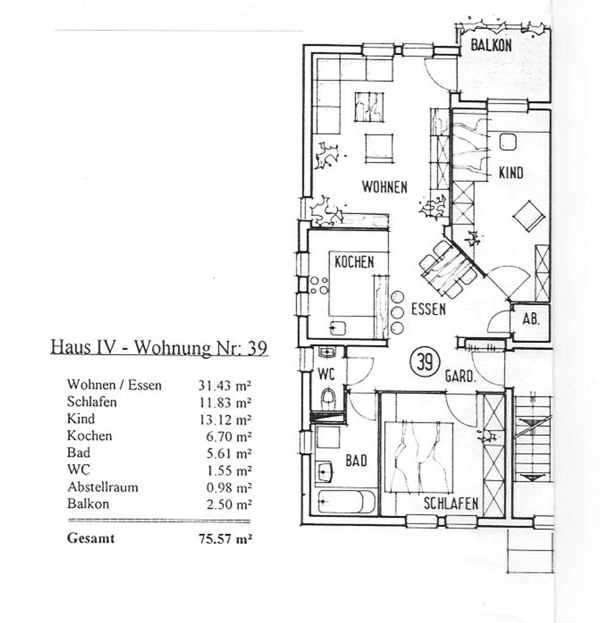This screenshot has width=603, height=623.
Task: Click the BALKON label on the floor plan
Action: point(491,45)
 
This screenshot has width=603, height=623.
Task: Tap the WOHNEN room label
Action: point(385,187)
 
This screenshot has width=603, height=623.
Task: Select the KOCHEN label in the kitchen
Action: point(354,262)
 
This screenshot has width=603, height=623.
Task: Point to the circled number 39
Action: point(425,361)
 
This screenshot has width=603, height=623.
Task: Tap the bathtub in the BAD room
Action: point(346,502)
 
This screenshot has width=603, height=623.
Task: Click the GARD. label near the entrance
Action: point(460,376)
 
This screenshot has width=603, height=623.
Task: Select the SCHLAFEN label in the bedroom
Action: point(450,503)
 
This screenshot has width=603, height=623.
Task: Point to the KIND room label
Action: point(511,173)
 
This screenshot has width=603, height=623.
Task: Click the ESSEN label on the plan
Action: point(429,309)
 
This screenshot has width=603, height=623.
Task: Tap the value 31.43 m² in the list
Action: point(225,385)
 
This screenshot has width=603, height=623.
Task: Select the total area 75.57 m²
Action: point(225,539)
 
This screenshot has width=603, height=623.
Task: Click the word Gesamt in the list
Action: point(91,538)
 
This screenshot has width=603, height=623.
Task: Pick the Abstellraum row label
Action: point(103,487)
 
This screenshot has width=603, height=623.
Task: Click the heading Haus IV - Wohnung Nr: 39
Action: point(159,347)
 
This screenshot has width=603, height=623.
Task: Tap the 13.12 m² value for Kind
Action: point(226,420)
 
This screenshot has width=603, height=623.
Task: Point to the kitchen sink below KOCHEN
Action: point(338,329)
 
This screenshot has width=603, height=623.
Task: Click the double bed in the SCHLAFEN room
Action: point(419,457)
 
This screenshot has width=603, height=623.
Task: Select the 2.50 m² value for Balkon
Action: point(229,504)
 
